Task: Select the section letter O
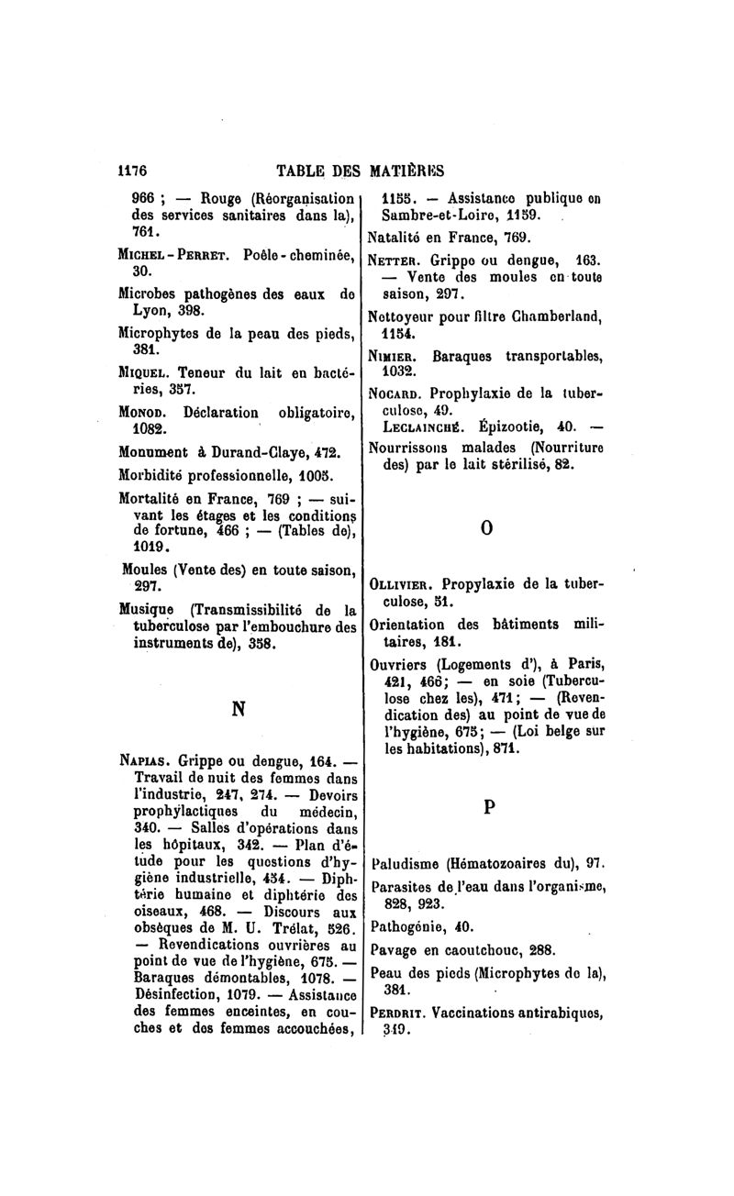coord(487,529)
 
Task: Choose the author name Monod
coord(143,413)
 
